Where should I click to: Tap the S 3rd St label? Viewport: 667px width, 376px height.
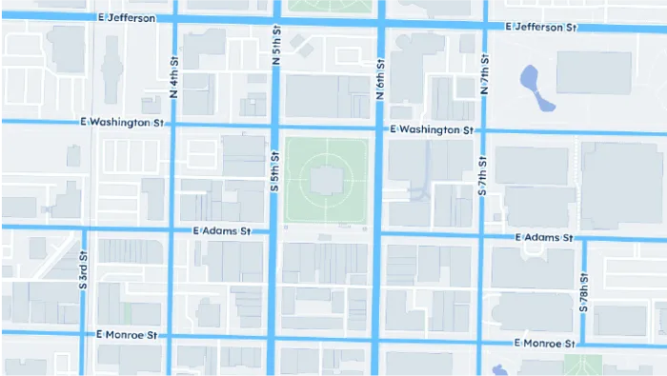(x=83, y=271)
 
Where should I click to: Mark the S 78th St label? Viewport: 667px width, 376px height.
(x=583, y=295)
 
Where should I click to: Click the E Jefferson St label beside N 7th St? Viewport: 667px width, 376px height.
(x=543, y=28)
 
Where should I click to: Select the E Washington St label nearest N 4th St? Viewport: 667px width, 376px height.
(x=124, y=123)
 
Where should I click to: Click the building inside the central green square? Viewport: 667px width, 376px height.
(x=326, y=178)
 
